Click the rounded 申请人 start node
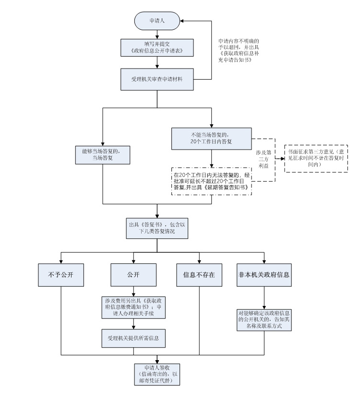pos(157,21)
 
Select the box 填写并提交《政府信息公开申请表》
pos(157,47)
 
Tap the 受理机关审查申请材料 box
pos(157,79)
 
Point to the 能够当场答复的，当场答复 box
pos(103,155)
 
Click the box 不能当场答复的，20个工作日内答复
pos(211,139)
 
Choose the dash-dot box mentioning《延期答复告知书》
pos(211,181)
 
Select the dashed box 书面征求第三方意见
pos(316,158)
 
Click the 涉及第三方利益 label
pos(264,159)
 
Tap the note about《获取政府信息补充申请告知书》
pos(239,50)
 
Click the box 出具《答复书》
pos(157,228)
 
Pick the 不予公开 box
pos(61,275)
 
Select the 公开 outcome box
pos(133,275)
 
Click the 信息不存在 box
pos(199,275)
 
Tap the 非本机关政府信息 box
pos(264,275)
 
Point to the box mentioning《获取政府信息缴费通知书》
pos(133,307)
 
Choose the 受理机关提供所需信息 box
pos(133,339)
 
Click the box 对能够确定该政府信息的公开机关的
pos(264,320)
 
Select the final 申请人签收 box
pos(157,375)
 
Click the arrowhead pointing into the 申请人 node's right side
pos(181,21)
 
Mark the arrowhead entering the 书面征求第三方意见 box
pos(283,159)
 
